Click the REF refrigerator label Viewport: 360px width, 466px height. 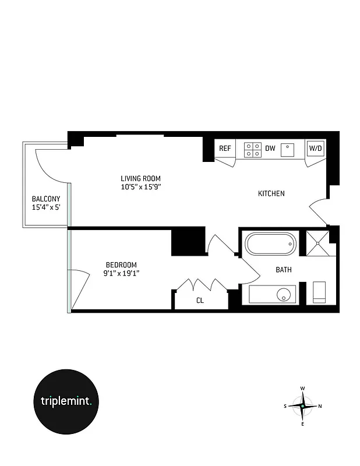pyautogui.click(x=225, y=149)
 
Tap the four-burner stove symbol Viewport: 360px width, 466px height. pyautogui.click(x=253, y=150)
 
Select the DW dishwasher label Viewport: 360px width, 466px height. pyautogui.click(x=270, y=149)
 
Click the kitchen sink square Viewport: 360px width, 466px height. pyautogui.click(x=287, y=150)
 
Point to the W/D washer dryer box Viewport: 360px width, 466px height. pyautogui.click(x=315, y=149)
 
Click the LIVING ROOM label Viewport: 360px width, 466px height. pyautogui.click(x=140, y=179)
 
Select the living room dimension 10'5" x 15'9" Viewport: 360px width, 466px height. pyautogui.click(x=140, y=187)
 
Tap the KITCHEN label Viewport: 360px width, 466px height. pyautogui.click(x=271, y=193)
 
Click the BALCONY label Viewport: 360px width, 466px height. pyautogui.click(x=46, y=199)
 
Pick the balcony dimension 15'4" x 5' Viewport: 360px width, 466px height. pyautogui.click(x=46, y=207)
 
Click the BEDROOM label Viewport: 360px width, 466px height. pyautogui.click(x=121, y=264)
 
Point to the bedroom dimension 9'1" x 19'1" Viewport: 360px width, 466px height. pyautogui.click(x=121, y=273)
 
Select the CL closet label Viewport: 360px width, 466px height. pyautogui.click(x=200, y=301)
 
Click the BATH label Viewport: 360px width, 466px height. pyautogui.click(x=284, y=270)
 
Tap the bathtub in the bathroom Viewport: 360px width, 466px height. pyautogui.click(x=270, y=244)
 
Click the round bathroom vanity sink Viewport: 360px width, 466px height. pyautogui.click(x=284, y=294)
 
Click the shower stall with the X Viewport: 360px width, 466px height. pyautogui.click(x=318, y=243)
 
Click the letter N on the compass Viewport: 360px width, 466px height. pyautogui.click(x=321, y=406)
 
